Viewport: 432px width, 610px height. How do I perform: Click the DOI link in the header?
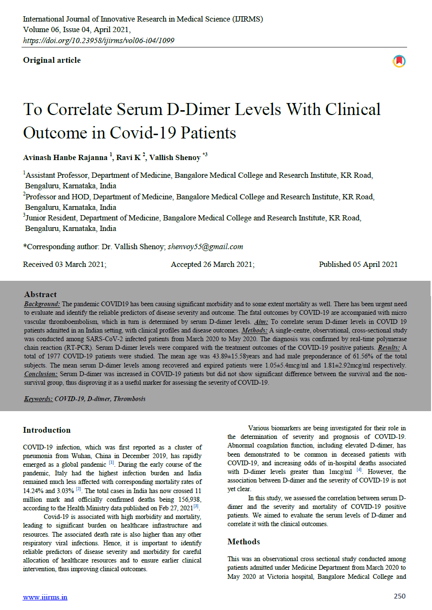point(99,41)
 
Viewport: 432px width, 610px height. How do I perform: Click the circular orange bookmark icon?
point(399,61)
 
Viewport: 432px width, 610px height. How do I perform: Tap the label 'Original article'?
point(52,60)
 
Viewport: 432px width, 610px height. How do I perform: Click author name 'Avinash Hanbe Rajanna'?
point(66,158)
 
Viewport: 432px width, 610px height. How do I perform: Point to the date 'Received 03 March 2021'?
point(65,265)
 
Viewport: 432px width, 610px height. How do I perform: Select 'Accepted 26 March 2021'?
point(213,265)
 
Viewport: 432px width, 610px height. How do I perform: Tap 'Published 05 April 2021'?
point(358,265)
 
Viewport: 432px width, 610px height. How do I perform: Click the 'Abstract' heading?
point(40,295)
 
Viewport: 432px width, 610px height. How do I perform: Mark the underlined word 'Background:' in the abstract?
point(42,304)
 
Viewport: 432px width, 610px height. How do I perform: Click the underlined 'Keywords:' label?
point(38,399)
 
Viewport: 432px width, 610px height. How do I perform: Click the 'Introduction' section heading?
point(46,430)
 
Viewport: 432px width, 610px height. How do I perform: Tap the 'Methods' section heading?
point(244,542)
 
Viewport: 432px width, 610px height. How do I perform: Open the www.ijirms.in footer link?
point(45,597)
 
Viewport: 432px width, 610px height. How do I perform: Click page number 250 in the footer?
point(399,597)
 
